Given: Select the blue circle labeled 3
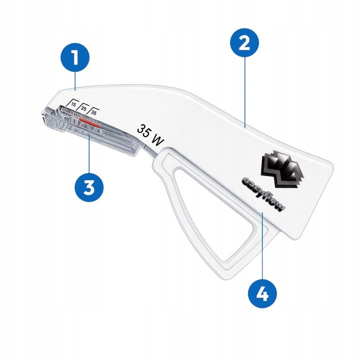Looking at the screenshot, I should tap(89, 187).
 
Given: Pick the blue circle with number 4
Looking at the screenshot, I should tap(262, 293).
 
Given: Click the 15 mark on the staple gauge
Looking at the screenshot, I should tap(73, 104).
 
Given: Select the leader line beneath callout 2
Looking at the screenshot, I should tap(243, 92).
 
